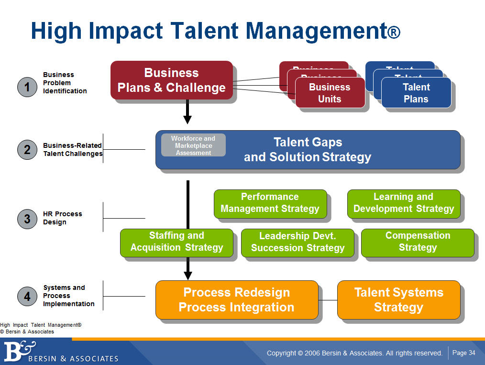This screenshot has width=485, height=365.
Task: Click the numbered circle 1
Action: tap(27, 87)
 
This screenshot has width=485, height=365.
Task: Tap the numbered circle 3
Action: tap(27, 219)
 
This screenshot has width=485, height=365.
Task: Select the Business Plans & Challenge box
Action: tap(171, 80)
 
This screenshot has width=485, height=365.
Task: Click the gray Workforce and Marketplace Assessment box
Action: tap(193, 145)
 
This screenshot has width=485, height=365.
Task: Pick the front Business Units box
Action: tap(330, 93)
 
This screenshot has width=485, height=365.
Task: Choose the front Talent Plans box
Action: tap(416, 93)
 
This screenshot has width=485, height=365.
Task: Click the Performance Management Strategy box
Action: tap(270, 203)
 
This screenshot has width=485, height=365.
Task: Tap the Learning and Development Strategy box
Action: tap(403, 203)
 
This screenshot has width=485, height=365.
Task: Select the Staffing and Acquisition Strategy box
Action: tap(176, 242)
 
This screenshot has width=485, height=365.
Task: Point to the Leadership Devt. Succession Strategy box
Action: tap(298, 242)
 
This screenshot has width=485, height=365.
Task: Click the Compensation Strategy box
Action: tap(418, 242)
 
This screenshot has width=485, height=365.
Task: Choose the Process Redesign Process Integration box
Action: tap(236, 299)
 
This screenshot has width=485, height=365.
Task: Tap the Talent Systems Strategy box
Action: tap(398, 299)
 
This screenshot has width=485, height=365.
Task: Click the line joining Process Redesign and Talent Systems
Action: tap(328, 300)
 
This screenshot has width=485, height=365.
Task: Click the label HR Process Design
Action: tap(62, 218)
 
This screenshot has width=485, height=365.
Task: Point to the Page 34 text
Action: tap(463, 353)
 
